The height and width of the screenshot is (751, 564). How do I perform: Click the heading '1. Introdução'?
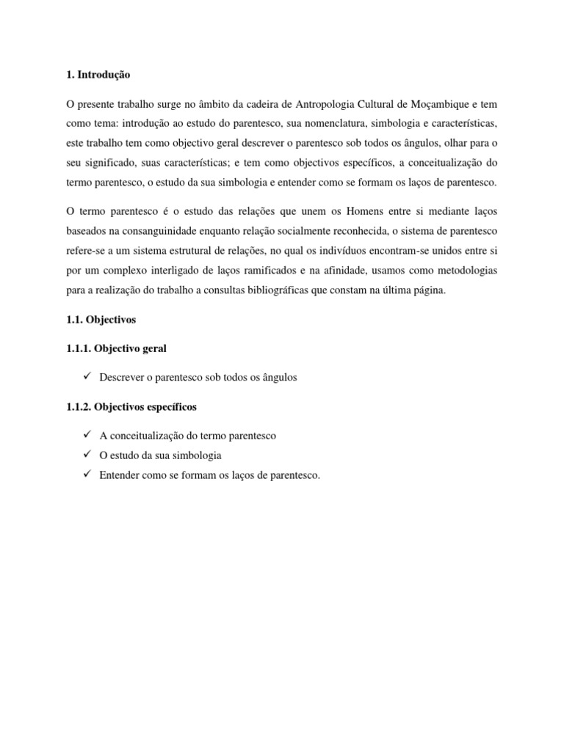coord(98,75)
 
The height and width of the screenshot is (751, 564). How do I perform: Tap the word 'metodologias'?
coord(469,271)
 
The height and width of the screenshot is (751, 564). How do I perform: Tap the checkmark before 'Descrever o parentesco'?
coord(87,377)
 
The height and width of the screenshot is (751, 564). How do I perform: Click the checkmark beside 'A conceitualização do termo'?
coord(87,435)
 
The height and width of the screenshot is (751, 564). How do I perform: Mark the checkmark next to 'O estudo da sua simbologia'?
coord(87,455)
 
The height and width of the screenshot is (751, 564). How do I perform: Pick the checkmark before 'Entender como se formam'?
coord(87,475)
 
